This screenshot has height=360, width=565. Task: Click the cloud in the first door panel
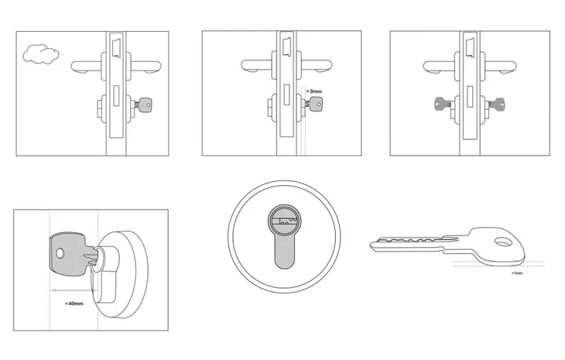pos(41,54)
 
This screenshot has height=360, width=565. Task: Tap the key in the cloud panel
pos(144,105)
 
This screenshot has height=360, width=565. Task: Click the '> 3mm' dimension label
pos(314,91)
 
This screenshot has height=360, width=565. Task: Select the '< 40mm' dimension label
pos(74,303)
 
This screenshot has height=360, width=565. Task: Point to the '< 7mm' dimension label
pos(516,273)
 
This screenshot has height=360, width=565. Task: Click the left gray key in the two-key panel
pos(443,105)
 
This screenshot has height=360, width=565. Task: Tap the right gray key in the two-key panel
pos(495,105)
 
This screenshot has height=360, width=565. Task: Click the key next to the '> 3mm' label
pos(314,105)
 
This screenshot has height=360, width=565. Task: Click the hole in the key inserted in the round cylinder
pos(60,253)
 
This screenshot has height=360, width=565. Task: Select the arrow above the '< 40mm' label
pos(74,290)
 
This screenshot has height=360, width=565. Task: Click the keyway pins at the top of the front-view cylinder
pos(284,221)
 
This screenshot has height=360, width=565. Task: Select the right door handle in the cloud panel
pos(146,67)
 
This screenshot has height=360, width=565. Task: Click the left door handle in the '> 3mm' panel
pos(257,66)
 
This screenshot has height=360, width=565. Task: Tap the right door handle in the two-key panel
pos(500,67)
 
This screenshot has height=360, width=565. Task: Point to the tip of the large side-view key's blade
pos(372,245)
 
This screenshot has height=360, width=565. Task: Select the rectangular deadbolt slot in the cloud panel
pos(116,95)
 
